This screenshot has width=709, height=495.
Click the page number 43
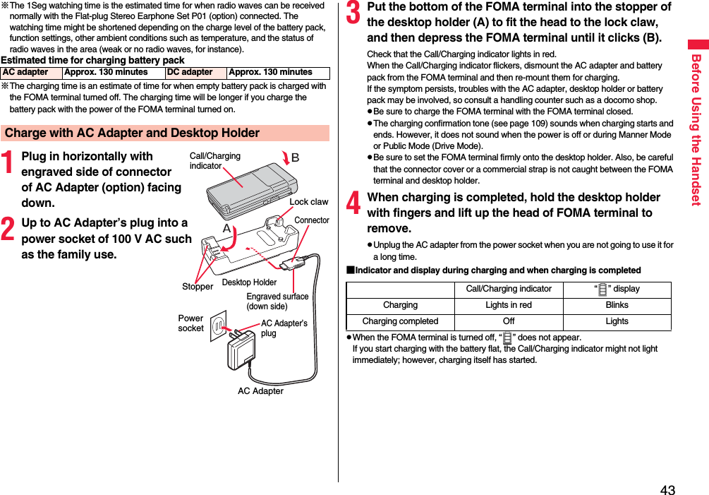[x=667, y=490]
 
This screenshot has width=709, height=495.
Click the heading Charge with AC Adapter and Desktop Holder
[x=132, y=133]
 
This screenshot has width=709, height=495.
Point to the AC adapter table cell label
[x=26, y=72]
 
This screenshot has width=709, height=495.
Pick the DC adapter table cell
[x=190, y=72]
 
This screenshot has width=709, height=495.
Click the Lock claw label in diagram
[x=308, y=202]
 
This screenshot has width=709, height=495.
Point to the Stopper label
[x=198, y=287]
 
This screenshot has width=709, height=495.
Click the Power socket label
[x=190, y=323]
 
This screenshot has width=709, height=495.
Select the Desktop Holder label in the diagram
[x=249, y=282]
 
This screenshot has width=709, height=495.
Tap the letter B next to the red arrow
[x=295, y=157]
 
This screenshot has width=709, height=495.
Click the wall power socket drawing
[x=219, y=325]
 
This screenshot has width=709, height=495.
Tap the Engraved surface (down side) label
[x=277, y=302]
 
